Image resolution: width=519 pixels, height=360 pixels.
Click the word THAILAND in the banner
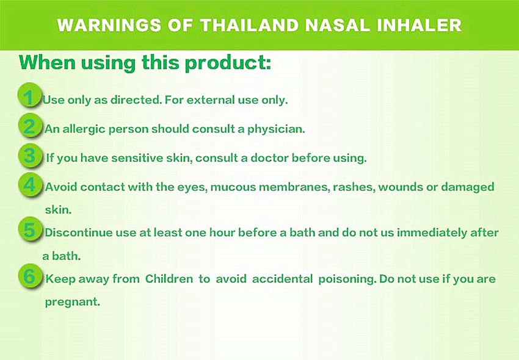coord(250,25)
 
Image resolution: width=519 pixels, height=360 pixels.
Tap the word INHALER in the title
coord(419,25)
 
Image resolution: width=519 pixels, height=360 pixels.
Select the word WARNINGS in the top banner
coord(109,25)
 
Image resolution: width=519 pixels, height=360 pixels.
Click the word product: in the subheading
coord(228,63)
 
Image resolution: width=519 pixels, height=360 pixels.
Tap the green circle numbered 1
coord(30,96)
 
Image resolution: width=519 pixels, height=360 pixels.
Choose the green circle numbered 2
coord(30,126)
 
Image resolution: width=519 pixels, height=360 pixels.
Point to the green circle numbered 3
coord(30,156)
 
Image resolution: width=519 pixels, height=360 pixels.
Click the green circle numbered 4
coord(30,185)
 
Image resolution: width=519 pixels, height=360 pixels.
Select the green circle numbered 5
coord(30,229)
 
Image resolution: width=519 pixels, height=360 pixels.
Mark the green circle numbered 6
coord(30,276)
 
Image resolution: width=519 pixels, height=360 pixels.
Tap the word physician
coord(276,129)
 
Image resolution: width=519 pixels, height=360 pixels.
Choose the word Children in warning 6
coord(169,279)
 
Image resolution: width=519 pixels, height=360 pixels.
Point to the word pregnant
coord(72,303)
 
